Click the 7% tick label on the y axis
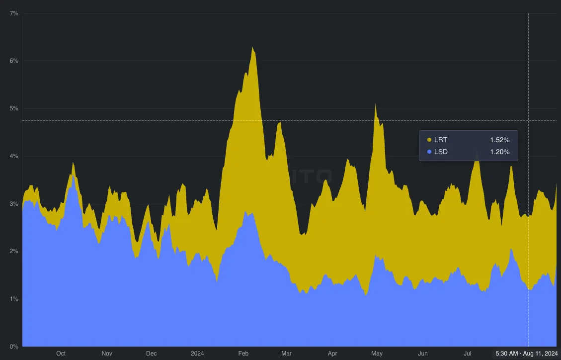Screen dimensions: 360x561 (14, 13)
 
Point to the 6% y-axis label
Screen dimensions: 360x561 (14, 61)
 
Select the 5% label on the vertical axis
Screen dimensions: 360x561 (14, 108)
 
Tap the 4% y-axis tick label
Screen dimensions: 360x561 (14, 156)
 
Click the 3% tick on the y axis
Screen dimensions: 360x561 (14, 204)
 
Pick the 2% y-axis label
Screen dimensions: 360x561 (14, 251)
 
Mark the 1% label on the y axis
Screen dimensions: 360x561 (14, 299)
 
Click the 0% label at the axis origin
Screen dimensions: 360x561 (14, 347)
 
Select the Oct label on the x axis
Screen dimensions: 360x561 (61, 354)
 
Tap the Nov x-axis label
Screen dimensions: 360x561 (107, 354)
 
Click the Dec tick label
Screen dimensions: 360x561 (152, 354)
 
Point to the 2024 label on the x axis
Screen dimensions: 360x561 (197, 354)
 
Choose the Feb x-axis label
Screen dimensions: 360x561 (243, 354)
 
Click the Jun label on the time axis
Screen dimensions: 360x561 (423, 354)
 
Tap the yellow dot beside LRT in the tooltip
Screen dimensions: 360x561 (429, 140)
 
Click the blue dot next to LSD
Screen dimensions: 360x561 (429, 152)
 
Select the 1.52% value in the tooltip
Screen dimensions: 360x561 (499, 140)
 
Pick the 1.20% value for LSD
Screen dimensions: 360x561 (499, 152)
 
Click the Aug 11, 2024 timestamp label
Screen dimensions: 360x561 (527, 354)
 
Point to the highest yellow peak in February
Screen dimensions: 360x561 (252, 48)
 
